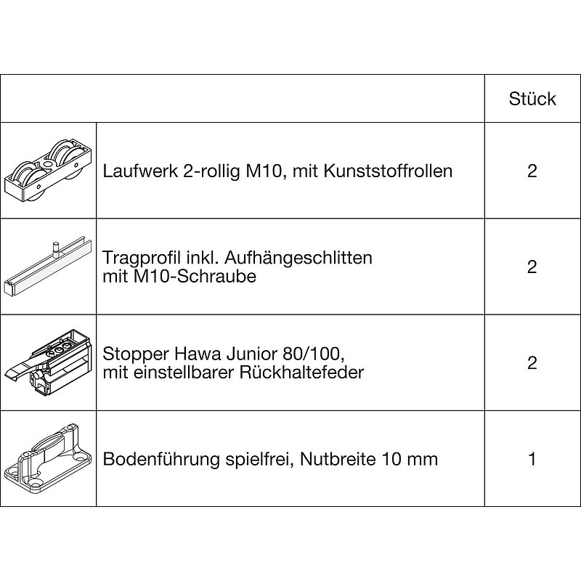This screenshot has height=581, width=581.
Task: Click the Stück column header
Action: [532, 99]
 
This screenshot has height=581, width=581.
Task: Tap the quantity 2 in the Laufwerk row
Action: [532, 171]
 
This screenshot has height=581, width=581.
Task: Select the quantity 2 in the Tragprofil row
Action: [532, 267]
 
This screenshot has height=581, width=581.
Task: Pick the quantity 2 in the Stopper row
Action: [532, 362]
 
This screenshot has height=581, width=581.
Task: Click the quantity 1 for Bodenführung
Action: [532, 459]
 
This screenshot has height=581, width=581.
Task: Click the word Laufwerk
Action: [140, 171]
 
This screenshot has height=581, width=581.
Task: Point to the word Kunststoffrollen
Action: [388, 171]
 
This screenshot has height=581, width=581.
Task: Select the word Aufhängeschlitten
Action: [298, 259]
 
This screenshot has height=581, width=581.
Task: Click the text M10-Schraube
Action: [195, 276]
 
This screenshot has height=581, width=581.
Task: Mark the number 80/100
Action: [313, 354]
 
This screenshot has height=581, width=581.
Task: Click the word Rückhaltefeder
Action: [301, 372]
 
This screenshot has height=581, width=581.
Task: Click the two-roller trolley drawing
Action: [48, 171]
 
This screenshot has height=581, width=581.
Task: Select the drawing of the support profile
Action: [48, 267]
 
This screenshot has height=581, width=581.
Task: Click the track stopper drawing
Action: [48, 362]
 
